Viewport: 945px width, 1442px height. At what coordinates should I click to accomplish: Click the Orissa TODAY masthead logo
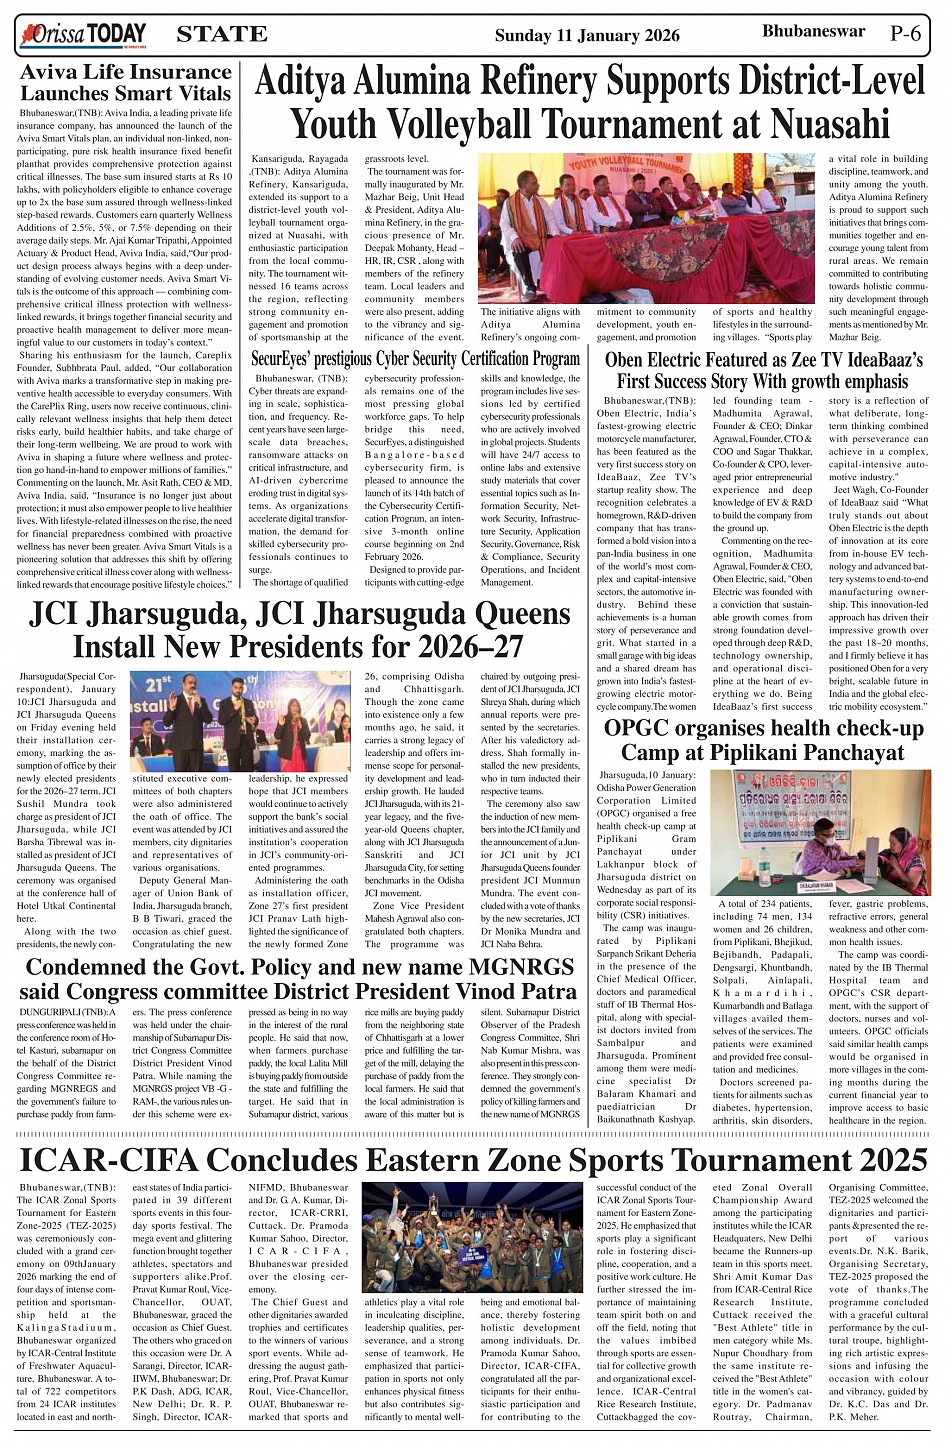point(83,35)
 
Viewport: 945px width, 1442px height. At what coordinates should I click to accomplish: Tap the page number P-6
point(906,33)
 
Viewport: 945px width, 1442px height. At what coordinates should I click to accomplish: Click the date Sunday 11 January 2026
point(587,36)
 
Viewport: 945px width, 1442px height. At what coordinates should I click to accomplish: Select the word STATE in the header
point(221,35)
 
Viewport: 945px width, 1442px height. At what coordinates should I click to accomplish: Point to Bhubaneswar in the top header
point(813,32)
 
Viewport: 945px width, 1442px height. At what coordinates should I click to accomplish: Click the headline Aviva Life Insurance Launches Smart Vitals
point(126,83)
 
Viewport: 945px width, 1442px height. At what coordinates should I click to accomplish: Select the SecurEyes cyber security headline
point(415,358)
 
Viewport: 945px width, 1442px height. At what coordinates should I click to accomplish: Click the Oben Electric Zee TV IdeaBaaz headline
point(763,370)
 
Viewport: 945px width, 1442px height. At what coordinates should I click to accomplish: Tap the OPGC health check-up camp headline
point(763,740)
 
